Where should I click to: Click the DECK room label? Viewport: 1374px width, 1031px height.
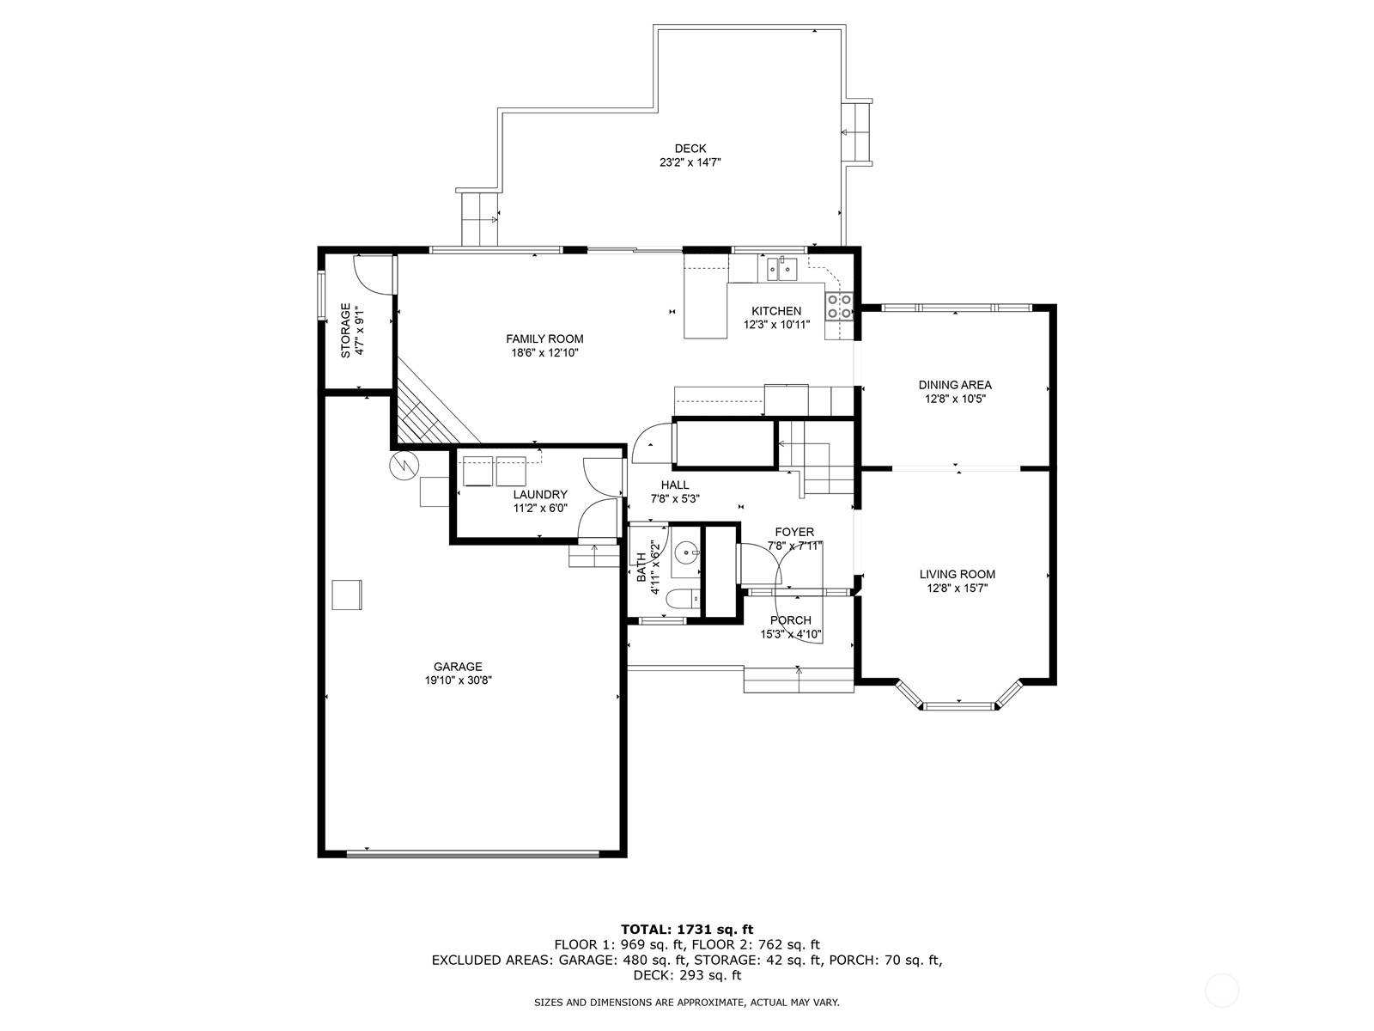pos(690,149)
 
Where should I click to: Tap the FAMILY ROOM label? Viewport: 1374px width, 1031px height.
pos(544,339)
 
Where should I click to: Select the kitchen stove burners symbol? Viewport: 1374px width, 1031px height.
pos(839,306)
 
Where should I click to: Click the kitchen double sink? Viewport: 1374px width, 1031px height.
pos(782,269)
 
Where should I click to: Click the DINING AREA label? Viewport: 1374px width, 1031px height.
pos(954,385)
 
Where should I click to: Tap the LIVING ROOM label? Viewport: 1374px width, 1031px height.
pos(957,574)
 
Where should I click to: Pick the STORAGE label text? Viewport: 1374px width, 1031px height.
pos(346,330)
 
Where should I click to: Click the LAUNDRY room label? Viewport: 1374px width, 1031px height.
pos(540,494)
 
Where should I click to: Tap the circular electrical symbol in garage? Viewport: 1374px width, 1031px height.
pos(402,466)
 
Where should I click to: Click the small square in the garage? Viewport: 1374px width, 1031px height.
pos(347,595)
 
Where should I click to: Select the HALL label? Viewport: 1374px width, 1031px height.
pos(675,485)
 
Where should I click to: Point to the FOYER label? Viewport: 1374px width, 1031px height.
pos(794,532)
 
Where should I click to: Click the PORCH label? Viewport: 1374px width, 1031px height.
pos(790,620)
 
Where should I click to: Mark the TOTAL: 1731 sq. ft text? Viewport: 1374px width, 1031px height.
pos(687,929)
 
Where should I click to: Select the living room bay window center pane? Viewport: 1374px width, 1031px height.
pos(959,706)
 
